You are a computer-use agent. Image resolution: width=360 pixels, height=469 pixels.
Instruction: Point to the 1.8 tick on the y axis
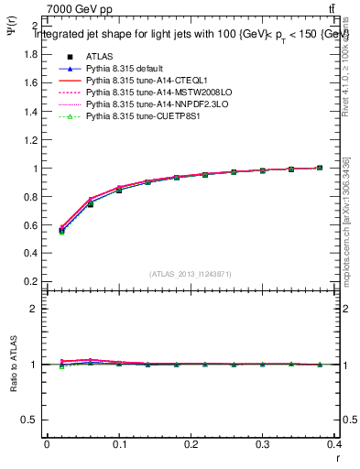[30, 54]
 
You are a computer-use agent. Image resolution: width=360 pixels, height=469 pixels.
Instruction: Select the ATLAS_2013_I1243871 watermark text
[191, 274]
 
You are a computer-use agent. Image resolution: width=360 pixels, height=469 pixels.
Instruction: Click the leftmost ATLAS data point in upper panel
[61, 232]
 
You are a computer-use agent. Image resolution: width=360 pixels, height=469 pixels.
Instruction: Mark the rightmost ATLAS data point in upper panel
[320, 169]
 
